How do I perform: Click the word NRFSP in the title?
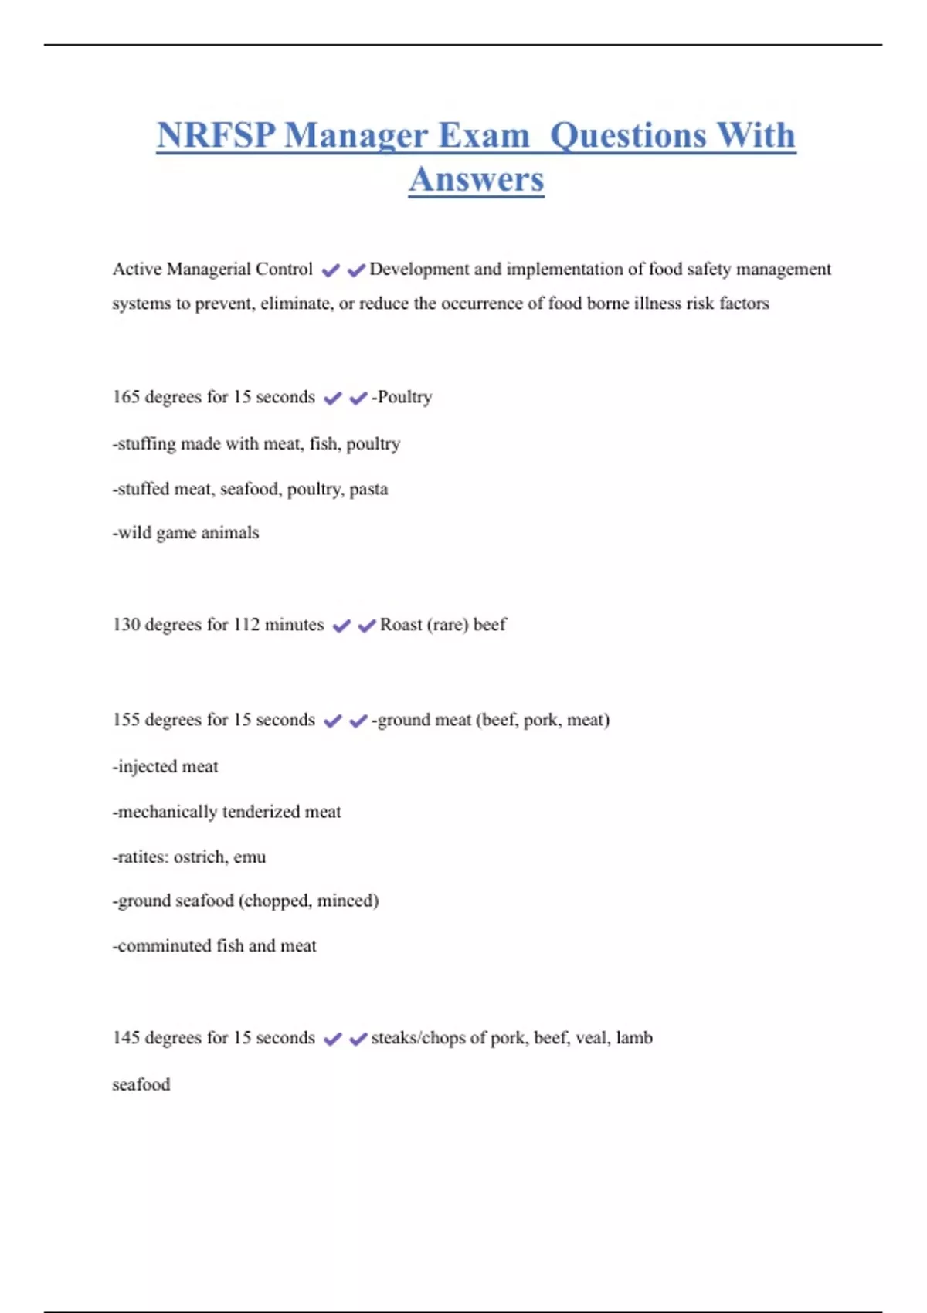216,135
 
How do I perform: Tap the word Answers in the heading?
476,179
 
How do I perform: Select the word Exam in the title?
484,135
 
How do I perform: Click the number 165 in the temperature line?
126,397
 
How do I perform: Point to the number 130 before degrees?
126,625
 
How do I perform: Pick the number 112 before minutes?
246,625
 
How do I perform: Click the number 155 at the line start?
126,720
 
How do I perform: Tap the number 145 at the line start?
126,1038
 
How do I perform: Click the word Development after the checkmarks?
419,270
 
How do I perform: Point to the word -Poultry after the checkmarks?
402,397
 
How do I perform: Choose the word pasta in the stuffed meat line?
368,490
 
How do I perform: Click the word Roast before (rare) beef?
400,625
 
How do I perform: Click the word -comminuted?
161,946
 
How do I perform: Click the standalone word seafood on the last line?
141,1085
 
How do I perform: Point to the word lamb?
634,1038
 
